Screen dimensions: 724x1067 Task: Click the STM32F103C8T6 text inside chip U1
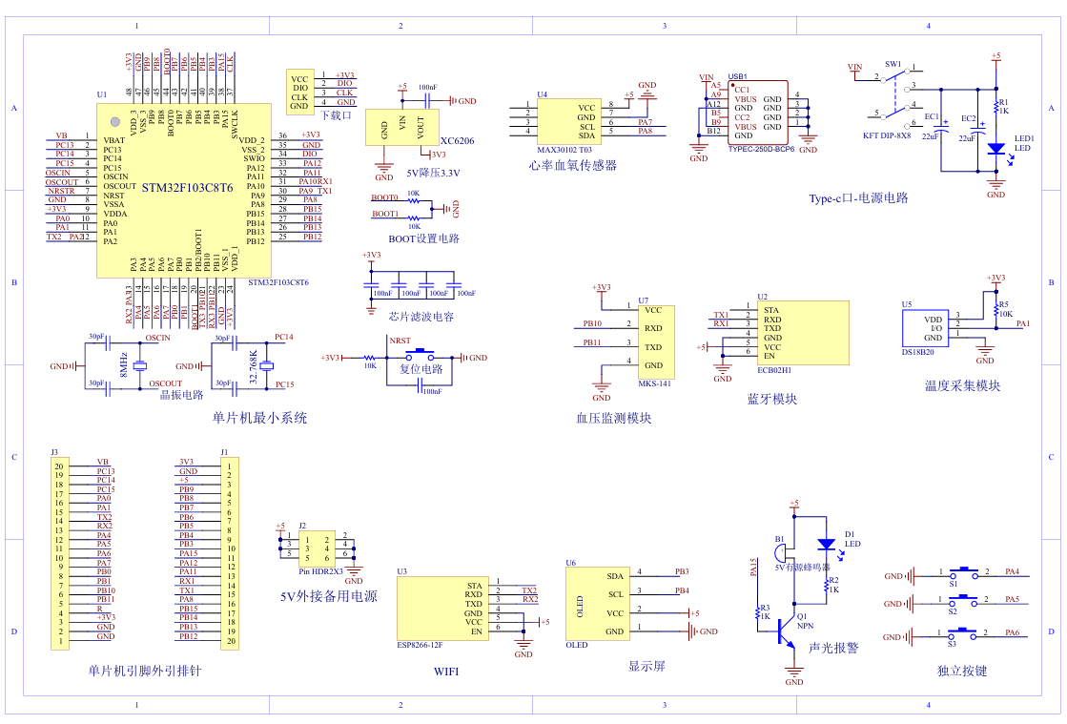tap(187, 188)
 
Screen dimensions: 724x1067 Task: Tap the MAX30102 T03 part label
tap(564, 150)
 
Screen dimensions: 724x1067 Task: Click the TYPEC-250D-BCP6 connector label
tap(760, 149)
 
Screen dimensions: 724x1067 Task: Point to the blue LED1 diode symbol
tap(995, 149)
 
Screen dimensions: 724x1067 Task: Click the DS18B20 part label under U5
tap(919, 352)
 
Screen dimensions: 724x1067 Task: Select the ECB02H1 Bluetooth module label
tap(774, 369)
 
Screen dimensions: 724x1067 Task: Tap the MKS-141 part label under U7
tap(656, 383)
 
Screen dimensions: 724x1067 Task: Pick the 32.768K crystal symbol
tap(266, 366)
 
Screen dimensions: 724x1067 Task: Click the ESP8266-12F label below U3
tap(420, 644)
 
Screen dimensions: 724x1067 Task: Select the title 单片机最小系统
tap(259, 418)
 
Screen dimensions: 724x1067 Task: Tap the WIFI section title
tap(445, 672)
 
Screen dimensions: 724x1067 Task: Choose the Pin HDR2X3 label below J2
tap(320, 570)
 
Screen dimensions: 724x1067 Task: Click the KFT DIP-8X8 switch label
tap(887, 135)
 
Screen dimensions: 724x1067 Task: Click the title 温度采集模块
tap(962, 385)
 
